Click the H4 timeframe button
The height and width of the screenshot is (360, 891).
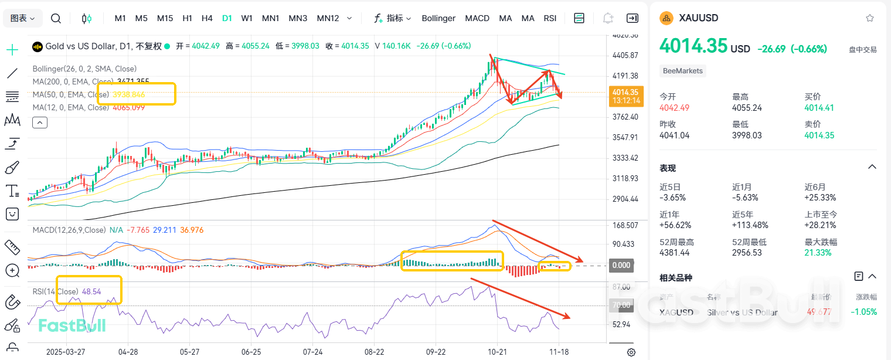(x=207, y=18)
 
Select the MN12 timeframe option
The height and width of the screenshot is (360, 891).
(x=328, y=18)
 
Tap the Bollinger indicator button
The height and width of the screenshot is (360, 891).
(x=438, y=18)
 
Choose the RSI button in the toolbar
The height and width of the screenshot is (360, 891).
(x=550, y=18)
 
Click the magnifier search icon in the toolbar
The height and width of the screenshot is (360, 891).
(x=56, y=18)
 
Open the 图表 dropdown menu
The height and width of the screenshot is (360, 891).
(x=23, y=18)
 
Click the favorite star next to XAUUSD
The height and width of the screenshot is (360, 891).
(x=870, y=18)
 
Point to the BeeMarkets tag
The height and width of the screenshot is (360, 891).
(x=683, y=71)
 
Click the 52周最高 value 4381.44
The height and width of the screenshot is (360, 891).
(x=675, y=253)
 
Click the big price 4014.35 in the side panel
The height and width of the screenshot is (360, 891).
(x=693, y=46)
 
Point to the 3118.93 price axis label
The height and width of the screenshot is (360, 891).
(x=625, y=178)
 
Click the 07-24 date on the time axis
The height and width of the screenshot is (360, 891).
(x=313, y=352)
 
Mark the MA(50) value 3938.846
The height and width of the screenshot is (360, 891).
(x=128, y=94)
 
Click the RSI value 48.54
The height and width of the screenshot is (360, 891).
(x=92, y=291)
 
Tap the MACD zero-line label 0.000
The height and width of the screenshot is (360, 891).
(x=621, y=265)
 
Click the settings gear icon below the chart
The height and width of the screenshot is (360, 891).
(x=631, y=352)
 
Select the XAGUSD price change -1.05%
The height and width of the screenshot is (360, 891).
(x=865, y=312)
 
